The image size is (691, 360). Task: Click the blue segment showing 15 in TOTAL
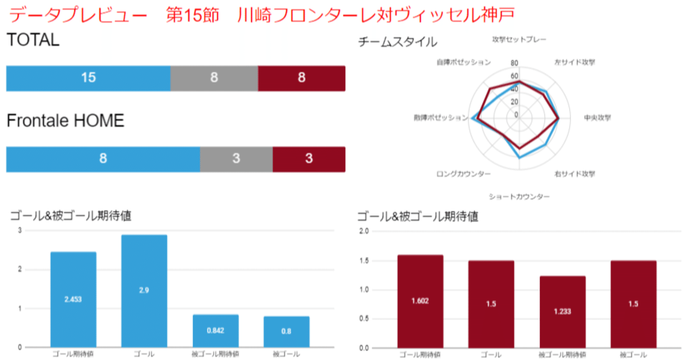(88, 78)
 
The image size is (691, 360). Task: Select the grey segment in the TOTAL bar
(214, 78)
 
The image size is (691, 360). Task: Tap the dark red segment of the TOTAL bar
(301, 78)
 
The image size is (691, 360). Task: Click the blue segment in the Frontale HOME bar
(103, 159)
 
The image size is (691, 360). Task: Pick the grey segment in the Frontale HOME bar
(236, 159)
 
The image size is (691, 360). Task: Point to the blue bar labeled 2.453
(73, 300)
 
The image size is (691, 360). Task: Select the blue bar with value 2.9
(144, 291)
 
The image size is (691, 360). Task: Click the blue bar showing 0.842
(215, 331)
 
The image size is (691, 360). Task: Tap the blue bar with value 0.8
(287, 331)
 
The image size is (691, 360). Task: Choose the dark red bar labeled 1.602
(420, 301)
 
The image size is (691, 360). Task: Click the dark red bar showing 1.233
(563, 311)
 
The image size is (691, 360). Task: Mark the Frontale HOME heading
(65, 120)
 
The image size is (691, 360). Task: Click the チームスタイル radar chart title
(397, 42)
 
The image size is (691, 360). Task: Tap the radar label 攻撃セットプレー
(519, 39)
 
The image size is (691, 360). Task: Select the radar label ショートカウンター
(519, 197)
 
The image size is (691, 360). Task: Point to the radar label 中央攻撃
(598, 118)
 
